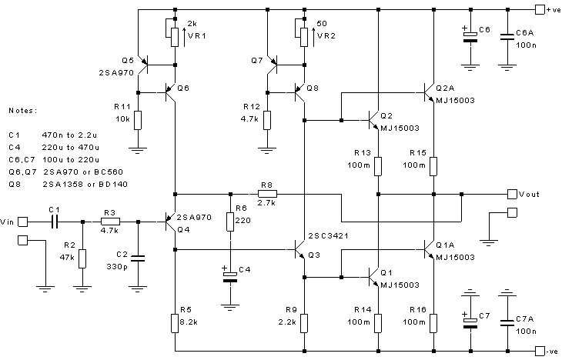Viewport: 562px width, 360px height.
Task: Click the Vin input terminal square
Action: click(23, 222)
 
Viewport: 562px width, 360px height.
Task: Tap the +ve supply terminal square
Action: click(538, 9)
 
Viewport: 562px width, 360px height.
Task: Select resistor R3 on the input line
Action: click(109, 222)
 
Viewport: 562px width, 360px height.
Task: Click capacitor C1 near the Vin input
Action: click(54, 222)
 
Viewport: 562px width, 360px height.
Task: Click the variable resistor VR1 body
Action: click(176, 34)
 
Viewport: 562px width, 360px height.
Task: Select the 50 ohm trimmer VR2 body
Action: click(305, 34)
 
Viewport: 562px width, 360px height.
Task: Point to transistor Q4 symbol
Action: click(171, 222)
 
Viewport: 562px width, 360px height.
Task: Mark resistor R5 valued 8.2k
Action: click(176, 321)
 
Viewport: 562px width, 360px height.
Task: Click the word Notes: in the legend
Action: click(23, 112)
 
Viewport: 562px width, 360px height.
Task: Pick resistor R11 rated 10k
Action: click(137, 120)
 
